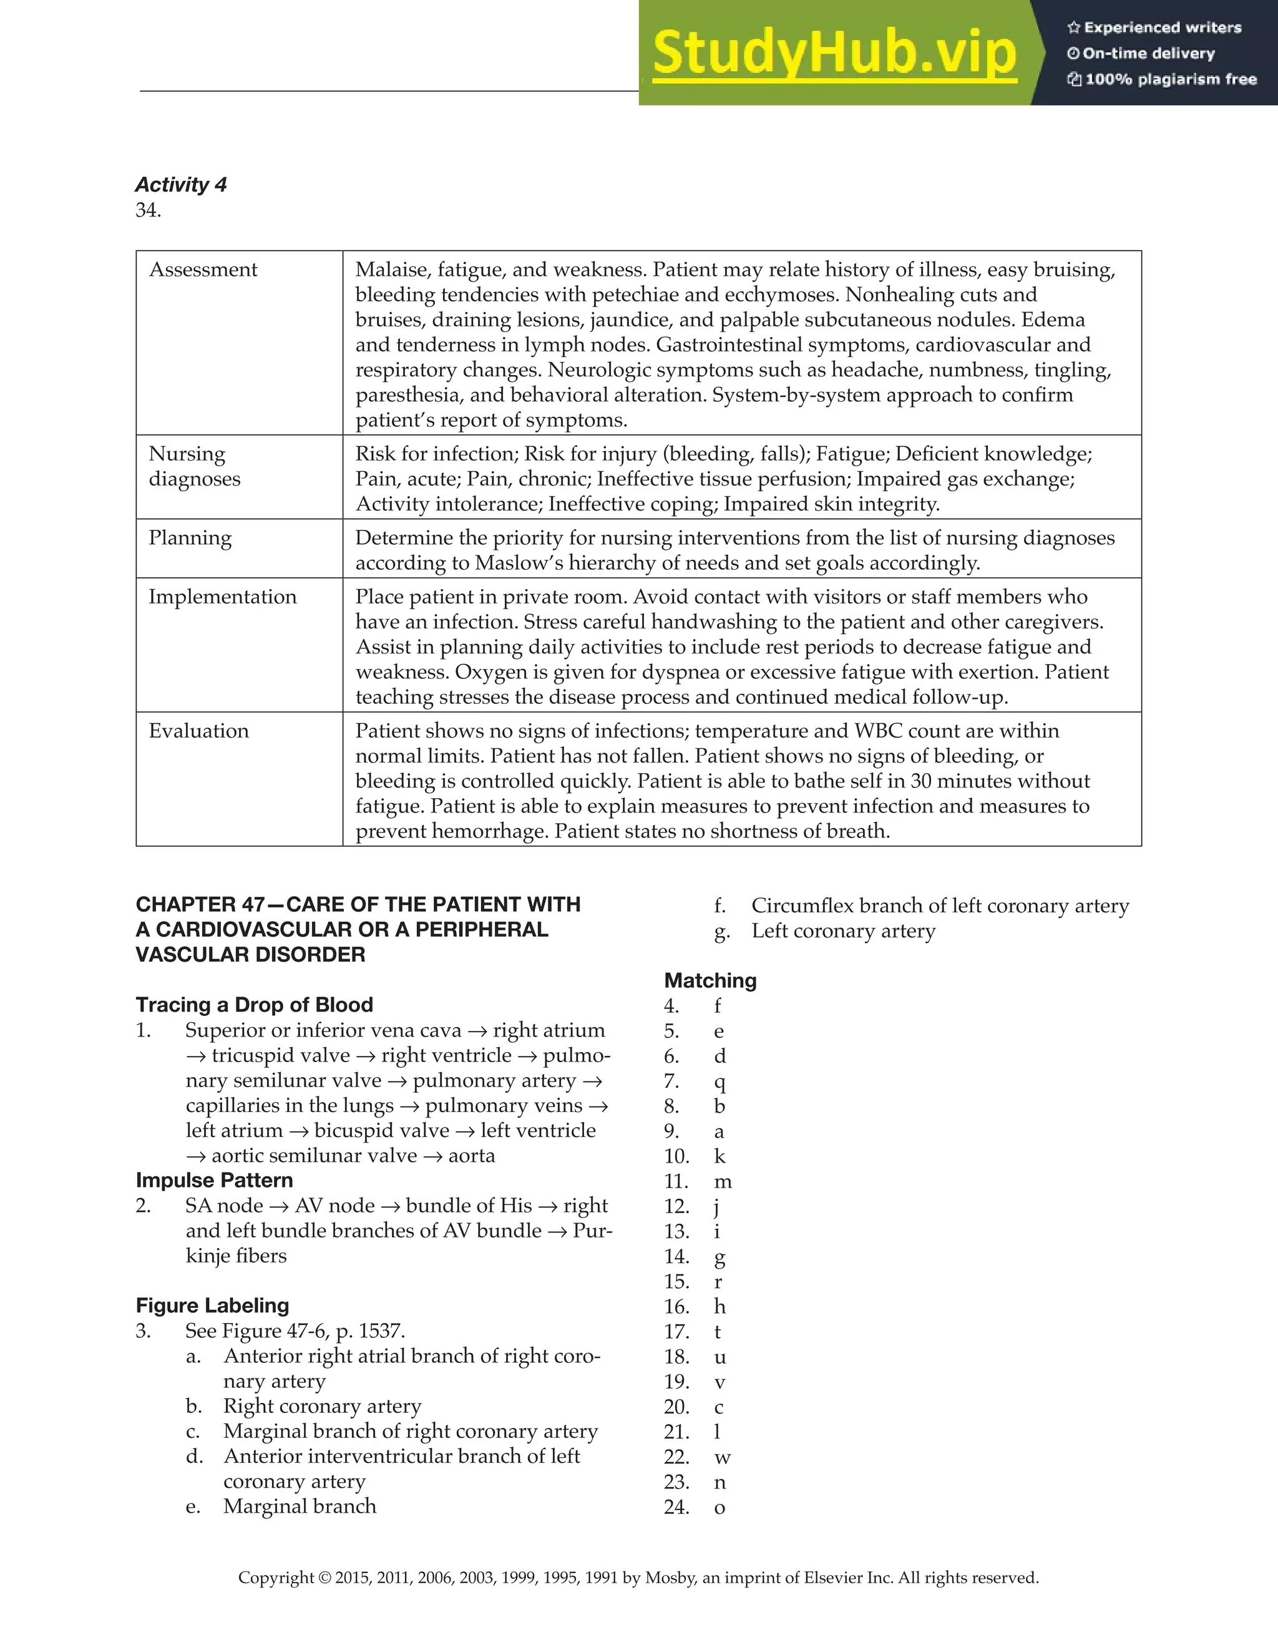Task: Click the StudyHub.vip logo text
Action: (x=834, y=54)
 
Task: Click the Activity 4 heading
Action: (x=180, y=185)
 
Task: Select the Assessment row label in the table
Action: (x=203, y=270)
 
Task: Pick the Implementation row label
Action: (x=222, y=597)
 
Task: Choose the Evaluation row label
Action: (x=198, y=731)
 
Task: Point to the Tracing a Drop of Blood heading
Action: (x=255, y=1005)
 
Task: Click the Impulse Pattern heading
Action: (x=214, y=1180)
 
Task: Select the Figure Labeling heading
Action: (x=213, y=1306)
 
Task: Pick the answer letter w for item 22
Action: (x=723, y=1457)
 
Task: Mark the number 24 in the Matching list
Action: (x=676, y=1507)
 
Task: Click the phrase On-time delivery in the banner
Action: (x=1148, y=54)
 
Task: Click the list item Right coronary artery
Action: (x=322, y=1406)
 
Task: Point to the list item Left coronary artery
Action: (x=843, y=931)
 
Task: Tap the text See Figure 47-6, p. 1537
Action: (x=295, y=1331)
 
